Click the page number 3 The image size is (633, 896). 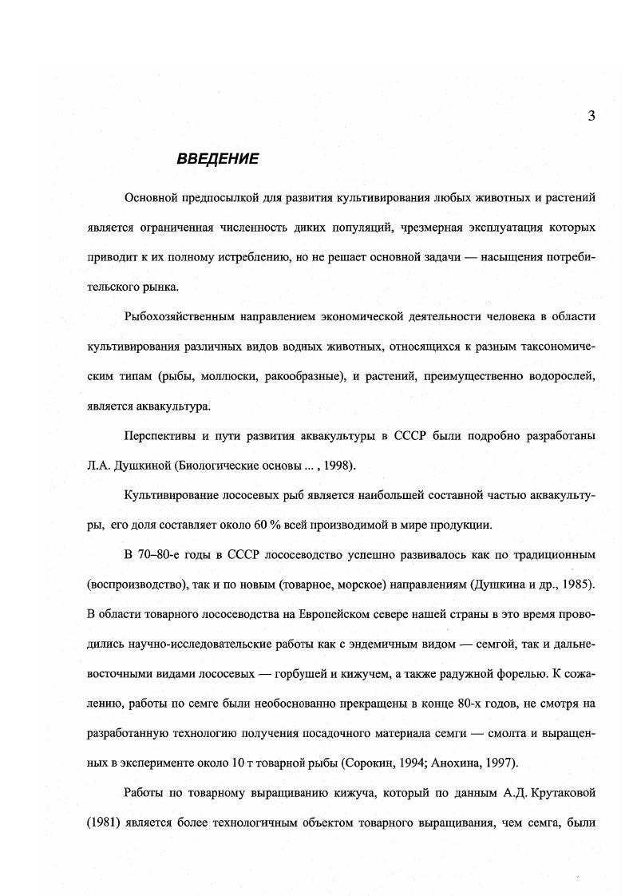coord(591,116)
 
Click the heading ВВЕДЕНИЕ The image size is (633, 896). coord(217,159)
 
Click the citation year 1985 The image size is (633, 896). coord(576,583)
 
